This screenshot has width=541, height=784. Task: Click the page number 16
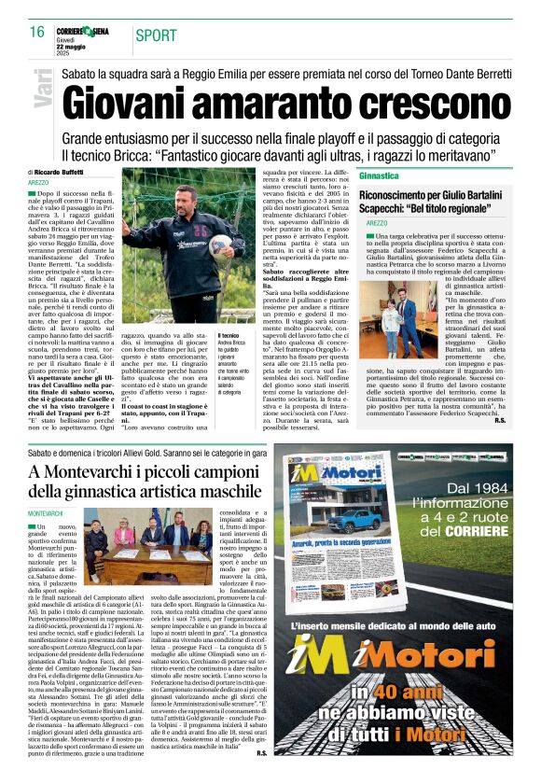[x=37, y=32]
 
